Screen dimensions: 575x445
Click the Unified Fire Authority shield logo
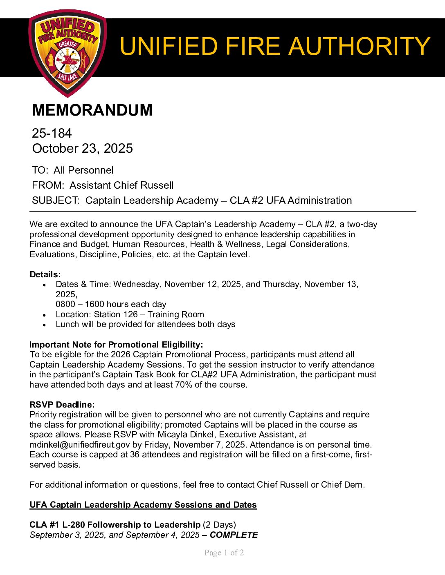click(x=67, y=53)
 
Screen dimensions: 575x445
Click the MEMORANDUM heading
click(x=92, y=110)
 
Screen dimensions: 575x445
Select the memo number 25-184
click(x=52, y=133)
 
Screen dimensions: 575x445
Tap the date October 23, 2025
click(x=82, y=148)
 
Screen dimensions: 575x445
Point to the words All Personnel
click(x=83, y=170)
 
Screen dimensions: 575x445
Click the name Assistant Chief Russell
click(x=121, y=185)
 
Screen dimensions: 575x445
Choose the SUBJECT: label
click(x=56, y=201)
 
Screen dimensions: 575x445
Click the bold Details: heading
click(x=45, y=274)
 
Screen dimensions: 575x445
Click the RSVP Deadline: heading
click(x=62, y=405)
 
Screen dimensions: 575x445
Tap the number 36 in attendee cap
click(x=135, y=455)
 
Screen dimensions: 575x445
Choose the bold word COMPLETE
click(x=234, y=535)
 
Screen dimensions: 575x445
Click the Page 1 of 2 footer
click(x=224, y=553)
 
